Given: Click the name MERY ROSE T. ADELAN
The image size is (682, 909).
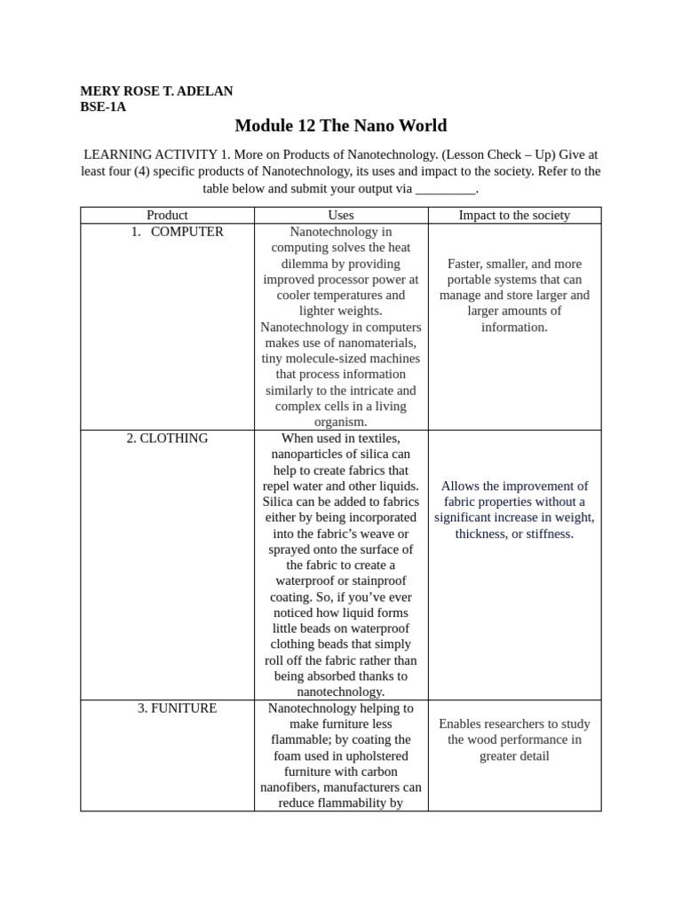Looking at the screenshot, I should [x=156, y=91].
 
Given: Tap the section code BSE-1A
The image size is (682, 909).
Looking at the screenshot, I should [x=103, y=107].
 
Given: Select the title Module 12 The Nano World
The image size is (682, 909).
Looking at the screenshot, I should [x=341, y=126].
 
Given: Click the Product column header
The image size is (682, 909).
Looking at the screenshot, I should [x=167, y=215].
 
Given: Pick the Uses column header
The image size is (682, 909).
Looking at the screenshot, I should [x=341, y=215].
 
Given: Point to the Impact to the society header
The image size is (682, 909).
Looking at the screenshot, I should [x=514, y=215].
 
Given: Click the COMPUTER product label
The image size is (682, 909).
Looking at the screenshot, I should [x=186, y=232].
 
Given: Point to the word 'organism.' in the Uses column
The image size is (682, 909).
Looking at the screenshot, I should [x=341, y=423].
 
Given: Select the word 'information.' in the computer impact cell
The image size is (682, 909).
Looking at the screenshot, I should [x=514, y=327].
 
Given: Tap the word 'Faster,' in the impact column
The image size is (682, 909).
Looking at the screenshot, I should [x=469, y=264].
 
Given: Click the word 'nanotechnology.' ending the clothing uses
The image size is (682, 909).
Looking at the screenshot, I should [x=341, y=692].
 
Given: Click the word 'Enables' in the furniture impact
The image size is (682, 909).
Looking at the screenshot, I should [x=461, y=724].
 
